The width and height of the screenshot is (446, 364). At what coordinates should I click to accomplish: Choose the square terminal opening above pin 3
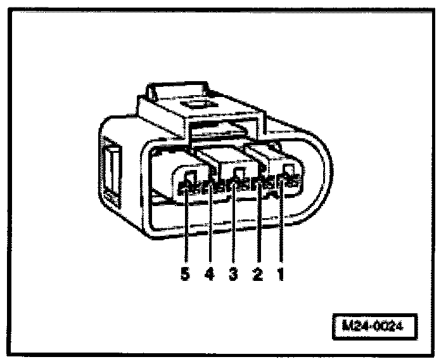pyautogui.click(x=239, y=174)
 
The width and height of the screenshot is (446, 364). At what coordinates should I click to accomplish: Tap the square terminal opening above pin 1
pyautogui.click(x=288, y=170)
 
